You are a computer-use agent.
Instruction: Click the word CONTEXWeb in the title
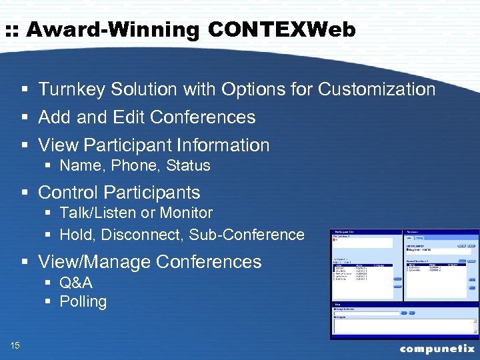click(x=282, y=30)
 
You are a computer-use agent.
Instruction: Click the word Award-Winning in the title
click(x=113, y=30)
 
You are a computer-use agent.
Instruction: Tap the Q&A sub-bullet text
click(x=76, y=283)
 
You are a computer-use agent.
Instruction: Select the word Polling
click(x=83, y=302)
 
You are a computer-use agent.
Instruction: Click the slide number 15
click(x=15, y=345)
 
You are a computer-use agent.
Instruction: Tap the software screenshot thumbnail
click(x=405, y=284)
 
